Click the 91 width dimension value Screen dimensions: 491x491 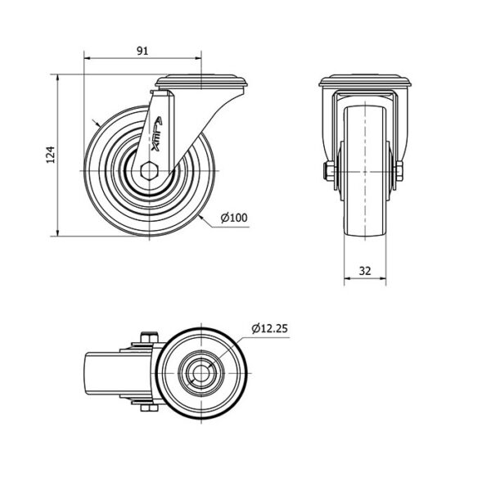tap(142, 51)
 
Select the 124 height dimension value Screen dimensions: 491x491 tap(51, 155)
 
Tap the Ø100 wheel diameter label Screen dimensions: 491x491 tap(234, 218)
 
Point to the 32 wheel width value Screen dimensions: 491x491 tap(365, 271)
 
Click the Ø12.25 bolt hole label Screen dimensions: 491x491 tap(269, 328)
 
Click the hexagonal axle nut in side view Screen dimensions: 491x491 tap(150, 171)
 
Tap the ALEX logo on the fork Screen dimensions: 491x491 tap(156, 134)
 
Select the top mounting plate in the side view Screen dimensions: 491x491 tap(202, 81)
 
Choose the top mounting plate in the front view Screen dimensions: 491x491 tap(365, 80)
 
